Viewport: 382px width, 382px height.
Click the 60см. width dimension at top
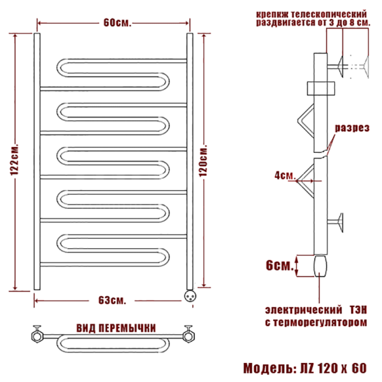117,23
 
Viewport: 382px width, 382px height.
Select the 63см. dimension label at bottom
112,301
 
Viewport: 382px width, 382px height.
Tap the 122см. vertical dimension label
14,160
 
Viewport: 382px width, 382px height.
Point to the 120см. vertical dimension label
203,161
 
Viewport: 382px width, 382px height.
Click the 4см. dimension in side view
285,175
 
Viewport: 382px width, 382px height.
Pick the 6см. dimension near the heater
279,265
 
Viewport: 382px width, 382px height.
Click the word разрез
352,128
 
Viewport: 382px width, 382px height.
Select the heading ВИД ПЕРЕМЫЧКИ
116,329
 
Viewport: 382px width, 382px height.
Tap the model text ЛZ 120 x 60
333,368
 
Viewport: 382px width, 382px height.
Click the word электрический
304,310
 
